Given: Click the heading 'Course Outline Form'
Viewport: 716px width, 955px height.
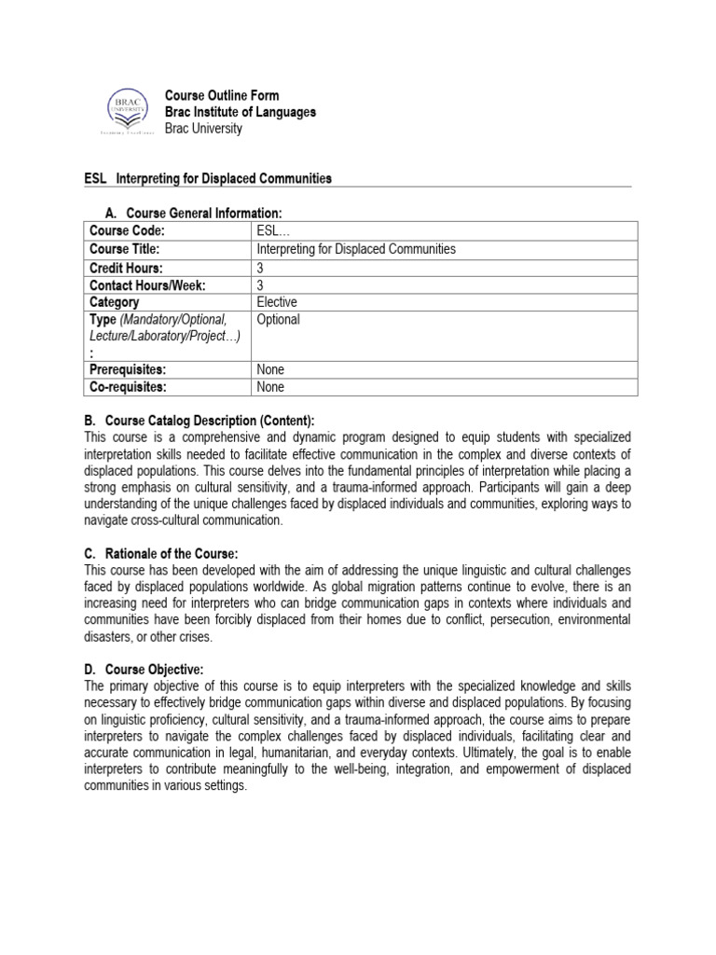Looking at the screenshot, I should point(222,96).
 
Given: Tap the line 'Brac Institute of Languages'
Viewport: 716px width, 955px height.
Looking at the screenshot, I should point(240,112).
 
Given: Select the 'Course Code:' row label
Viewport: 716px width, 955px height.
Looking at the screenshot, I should point(127,231).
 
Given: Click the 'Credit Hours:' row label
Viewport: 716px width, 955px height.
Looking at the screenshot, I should point(129,267).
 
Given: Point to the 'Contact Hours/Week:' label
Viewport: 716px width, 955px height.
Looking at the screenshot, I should point(147,284).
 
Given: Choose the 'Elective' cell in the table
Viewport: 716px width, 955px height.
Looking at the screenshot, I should point(277,302).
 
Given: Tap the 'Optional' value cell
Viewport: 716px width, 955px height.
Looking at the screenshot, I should point(278,320).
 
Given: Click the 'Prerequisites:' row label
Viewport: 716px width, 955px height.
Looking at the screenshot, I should point(133,369).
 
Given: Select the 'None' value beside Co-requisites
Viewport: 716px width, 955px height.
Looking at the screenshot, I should point(270,387).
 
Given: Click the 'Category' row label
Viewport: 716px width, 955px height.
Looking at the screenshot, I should point(115,302).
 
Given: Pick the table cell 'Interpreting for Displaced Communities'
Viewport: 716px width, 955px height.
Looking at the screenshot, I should point(355,249).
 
